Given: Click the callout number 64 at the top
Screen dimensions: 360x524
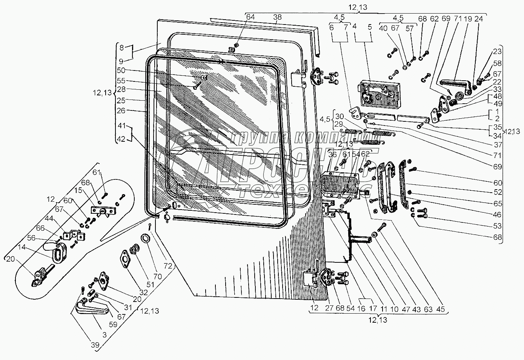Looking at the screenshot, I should [250, 17].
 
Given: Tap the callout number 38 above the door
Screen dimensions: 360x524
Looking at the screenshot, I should [277, 17].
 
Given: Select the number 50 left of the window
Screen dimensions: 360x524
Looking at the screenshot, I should [121, 70].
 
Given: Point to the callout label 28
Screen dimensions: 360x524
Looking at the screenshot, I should [121, 89].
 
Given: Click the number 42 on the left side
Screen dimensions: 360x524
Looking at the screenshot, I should [121, 139].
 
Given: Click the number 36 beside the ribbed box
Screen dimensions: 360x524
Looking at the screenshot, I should [332, 155].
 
